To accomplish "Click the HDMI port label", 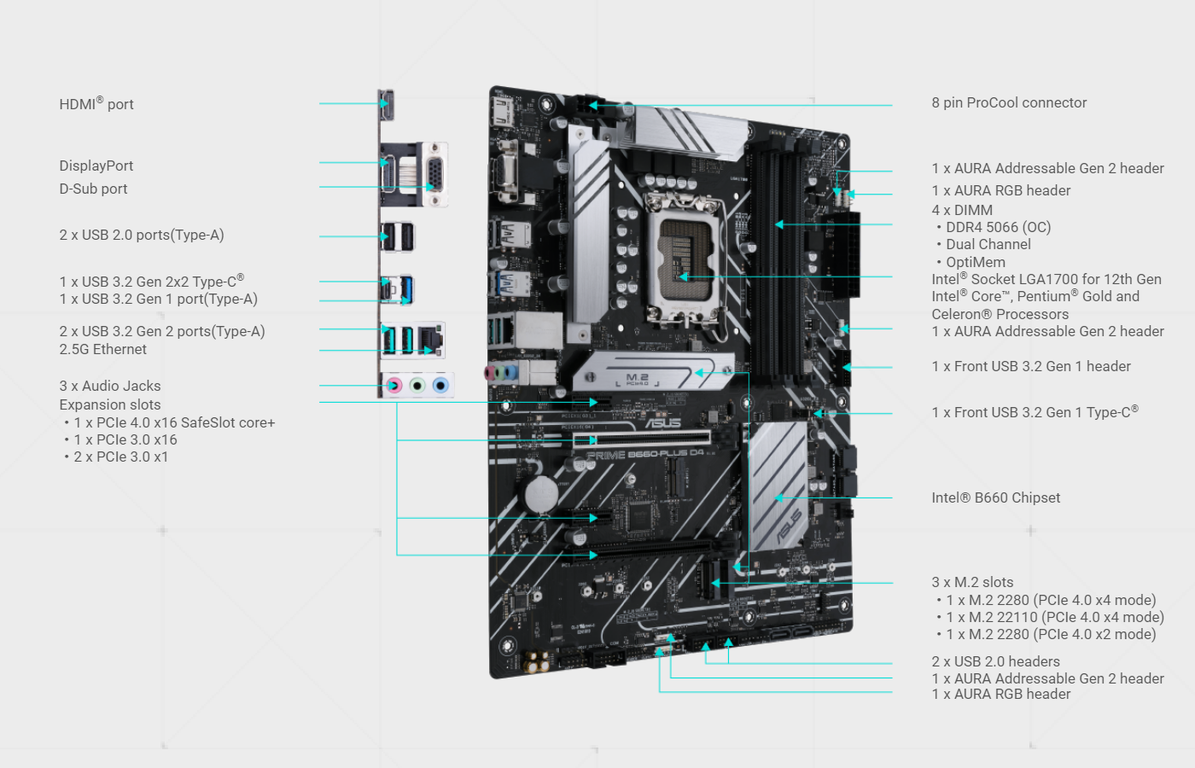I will click(96, 104).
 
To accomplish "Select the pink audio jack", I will click(393, 386).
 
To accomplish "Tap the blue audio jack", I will click(440, 386).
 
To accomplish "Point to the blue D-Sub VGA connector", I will click(434, 175).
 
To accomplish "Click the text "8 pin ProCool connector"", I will click(1009, 103).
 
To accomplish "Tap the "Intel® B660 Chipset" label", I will click(995, 498).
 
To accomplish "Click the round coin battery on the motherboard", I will click(540, 493).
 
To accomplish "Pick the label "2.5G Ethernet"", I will click(103, 350).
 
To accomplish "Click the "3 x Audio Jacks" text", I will click(110, 387).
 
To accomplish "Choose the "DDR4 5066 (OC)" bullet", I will click(998, 228).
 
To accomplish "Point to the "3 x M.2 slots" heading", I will click(972, 583).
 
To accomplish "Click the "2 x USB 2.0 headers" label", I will click(995, 662).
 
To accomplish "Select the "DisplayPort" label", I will click(96, 166).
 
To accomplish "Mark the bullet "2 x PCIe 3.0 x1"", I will click(120, 457).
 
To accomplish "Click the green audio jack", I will click(417, 386).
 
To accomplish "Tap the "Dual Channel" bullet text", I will click(988, 245).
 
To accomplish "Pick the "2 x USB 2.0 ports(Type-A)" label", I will click(142, 236).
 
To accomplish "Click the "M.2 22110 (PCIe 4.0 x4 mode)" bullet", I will click(1054, 618).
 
